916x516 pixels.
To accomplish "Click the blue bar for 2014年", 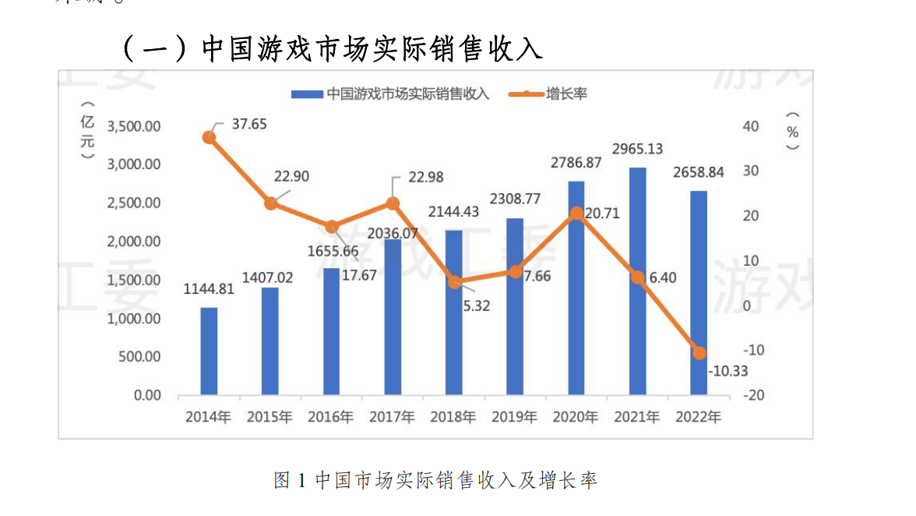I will (209, 351).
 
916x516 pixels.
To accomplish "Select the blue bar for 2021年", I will (637, 281).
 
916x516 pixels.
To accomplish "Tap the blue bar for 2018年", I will (453, 312).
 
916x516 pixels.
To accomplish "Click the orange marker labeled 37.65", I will (209, 137).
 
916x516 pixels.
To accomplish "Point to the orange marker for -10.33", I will (699, 353).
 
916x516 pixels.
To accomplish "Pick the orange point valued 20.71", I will (576, 214).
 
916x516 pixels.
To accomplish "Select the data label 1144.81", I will (209, 289).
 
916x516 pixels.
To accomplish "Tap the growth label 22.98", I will (425, 178).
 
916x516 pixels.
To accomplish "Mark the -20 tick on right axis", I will (752, 395).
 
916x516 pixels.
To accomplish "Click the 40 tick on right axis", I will (752, 126).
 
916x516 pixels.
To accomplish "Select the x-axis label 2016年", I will (331, 417).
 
